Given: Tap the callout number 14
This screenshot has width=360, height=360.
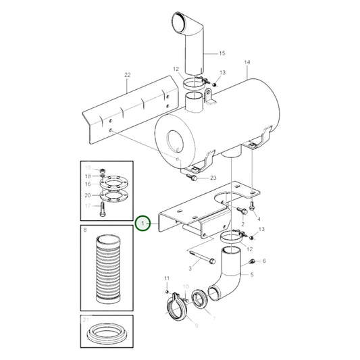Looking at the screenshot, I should pyautogui.click(x=247, y=62).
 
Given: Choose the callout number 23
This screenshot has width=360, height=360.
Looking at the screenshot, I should pyautogui.click(x=213, y=178).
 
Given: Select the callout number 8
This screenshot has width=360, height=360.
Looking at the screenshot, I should pyautogui.click(x=84, y=232).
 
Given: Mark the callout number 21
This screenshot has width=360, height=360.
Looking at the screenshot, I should pyautogui.click(x=86, y=319).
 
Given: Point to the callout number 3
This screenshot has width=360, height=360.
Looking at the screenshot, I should pyautogui.click(x=190, y=269).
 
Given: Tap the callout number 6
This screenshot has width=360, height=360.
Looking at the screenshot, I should pyautogui.click(x=264, y=261).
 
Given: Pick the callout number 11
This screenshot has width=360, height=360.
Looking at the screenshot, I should pyautogui.click(x=167, y=278).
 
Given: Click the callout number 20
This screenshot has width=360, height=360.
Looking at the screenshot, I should pyautogui.click(x=88, y=195).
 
